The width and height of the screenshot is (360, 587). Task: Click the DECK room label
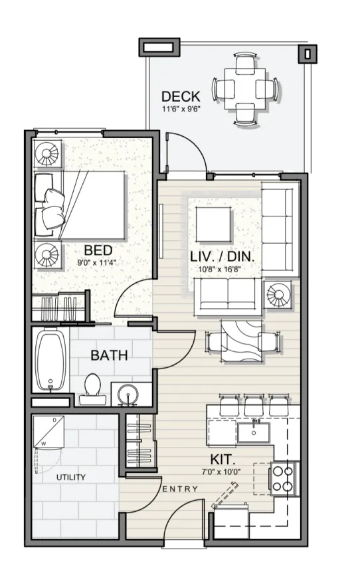point(181,96)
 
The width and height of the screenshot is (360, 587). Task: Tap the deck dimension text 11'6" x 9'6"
point(181,110)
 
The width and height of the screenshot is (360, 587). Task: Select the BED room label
point(98,250)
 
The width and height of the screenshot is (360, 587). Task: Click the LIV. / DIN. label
point(223,257)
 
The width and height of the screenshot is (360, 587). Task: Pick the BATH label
point(110,355)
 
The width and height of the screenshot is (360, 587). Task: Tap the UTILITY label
point(71,477)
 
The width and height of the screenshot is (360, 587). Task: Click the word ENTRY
point(180,489)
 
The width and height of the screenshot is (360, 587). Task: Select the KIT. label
point(223,459)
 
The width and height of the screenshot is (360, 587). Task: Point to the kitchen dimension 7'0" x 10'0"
point(221,471)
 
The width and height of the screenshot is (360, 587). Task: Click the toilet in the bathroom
point(92,388)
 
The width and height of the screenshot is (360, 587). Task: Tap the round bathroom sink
point(128,394)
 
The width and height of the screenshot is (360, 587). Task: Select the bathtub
point(50,360)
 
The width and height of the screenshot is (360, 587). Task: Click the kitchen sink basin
point(254,432)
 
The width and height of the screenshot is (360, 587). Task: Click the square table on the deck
point(245,89)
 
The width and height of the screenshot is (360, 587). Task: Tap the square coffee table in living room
point(213,224)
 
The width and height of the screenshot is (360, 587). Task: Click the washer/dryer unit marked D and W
point(48,432)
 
